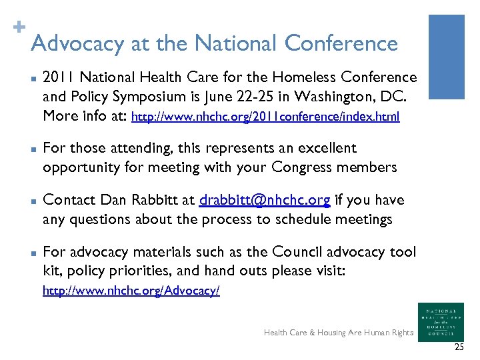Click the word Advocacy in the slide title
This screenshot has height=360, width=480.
[x=77, y=44]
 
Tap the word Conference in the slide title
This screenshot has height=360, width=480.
[x=341, y=43]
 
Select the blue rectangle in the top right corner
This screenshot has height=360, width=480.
[x=446, y=57]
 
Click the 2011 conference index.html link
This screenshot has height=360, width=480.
[x=266, y=117]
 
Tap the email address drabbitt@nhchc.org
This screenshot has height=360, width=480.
[x=265, y=200]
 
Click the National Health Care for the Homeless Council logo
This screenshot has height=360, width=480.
[x=441, y=322]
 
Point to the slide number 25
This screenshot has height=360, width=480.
[x=459, y=347]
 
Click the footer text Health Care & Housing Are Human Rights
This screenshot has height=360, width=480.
[x=338, y=333]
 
